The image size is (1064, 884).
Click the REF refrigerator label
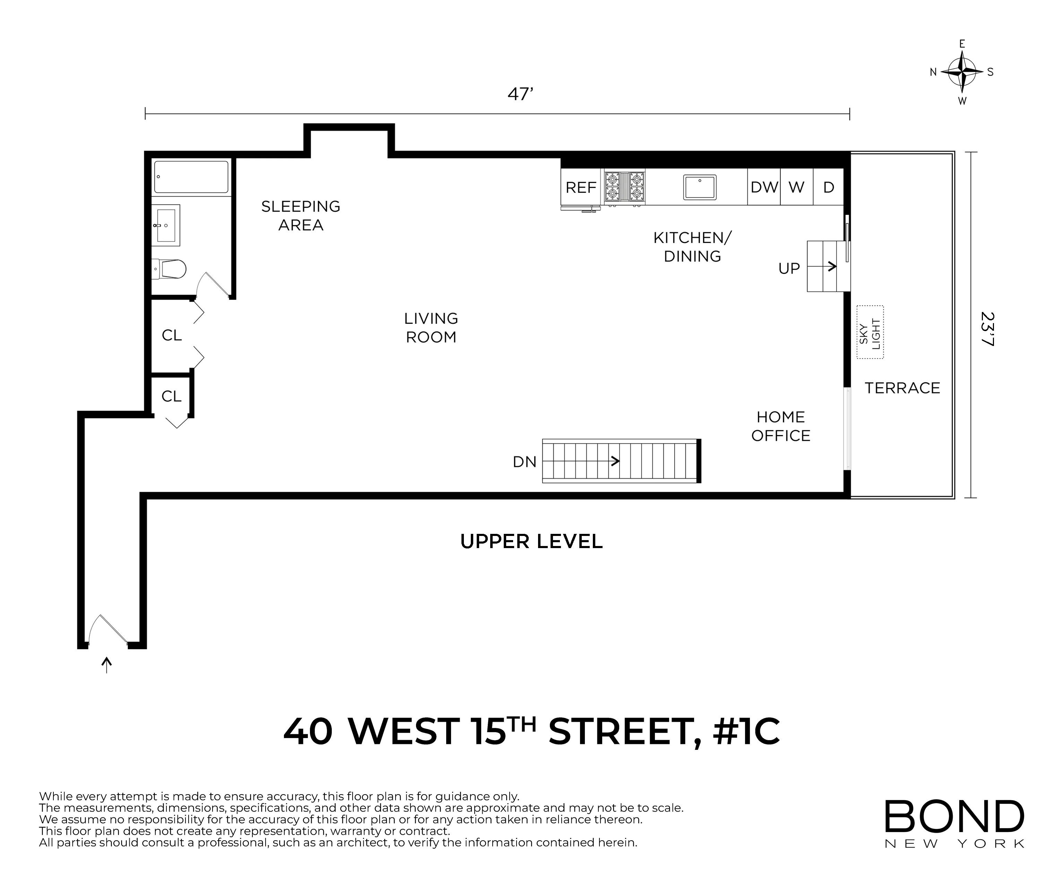pyautogui.click(x=581, y=188)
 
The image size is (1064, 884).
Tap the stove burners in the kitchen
pyautogui.click(x=624, y=187)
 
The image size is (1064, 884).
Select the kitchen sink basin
pyautogui.click(x=700, y=187)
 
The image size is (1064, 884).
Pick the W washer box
pyautogui.click(x=796, y=188)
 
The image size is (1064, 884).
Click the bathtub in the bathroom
pyautogui.click(x=191, y=177)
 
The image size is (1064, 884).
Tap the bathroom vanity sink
pyautogui.click(x=166, y=225)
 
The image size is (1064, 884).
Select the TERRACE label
pyautogui.click(x=902, y=388)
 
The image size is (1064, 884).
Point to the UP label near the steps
pyautogui.click(x=789, y=268)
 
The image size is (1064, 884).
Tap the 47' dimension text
pyautogui.click(x=520, y=95)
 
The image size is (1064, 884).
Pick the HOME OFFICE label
pyautogui.click(x=780, y=426)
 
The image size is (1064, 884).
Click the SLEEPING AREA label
pyautogui.click(x=301, y=215)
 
